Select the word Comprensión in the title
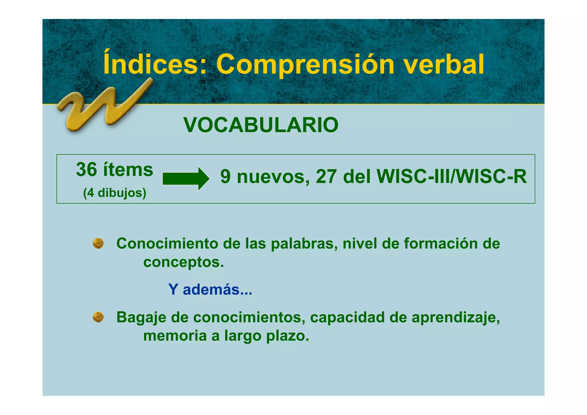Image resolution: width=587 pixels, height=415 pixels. click(305, 65)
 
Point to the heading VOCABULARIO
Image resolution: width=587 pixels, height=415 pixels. click(261, 125)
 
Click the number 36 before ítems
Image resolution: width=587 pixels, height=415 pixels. click(87, 169)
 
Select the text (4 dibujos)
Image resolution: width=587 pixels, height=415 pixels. click(115, 193)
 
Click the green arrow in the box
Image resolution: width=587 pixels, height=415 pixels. click(186, 179)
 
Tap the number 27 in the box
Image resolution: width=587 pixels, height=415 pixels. click(326, 176)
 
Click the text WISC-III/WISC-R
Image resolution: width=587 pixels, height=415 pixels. click(452, 176)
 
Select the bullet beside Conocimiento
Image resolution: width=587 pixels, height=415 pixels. click(98, 243)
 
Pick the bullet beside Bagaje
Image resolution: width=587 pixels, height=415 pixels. click(98, 317)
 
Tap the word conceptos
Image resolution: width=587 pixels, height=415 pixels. click(183, 262)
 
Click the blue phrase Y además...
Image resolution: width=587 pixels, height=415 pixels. click(210, 289)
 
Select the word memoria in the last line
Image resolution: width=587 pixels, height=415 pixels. click(175, 336)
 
